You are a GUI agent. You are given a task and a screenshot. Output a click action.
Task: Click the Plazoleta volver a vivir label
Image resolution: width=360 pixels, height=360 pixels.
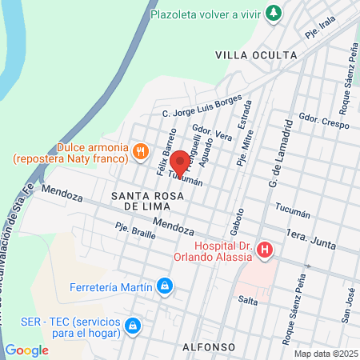(x=218, y=13)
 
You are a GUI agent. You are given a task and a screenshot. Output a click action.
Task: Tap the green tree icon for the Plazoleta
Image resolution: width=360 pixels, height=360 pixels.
(x=274, y=13)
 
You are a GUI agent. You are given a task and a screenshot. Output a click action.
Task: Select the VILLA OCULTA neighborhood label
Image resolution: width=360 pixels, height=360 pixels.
(x=256, y=55)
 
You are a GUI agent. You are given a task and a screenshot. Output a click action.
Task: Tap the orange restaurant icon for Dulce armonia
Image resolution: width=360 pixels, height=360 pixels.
(x=141, y=150)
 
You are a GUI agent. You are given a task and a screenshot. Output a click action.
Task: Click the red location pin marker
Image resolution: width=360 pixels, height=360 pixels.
(x=181, y=162)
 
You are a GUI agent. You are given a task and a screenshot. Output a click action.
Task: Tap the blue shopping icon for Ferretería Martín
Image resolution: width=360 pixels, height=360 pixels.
(x=164, y=284)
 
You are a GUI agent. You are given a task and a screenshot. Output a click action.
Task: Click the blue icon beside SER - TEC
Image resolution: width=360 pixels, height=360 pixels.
(x=134, y=326)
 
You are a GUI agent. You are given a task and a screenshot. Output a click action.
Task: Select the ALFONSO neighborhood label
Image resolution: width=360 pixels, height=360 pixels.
(x=208, y=347)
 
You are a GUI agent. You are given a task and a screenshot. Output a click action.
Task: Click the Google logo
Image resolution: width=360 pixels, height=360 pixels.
(x=26, y=350)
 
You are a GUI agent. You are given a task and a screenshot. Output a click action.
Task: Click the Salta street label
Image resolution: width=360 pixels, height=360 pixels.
(x=246, y=299)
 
